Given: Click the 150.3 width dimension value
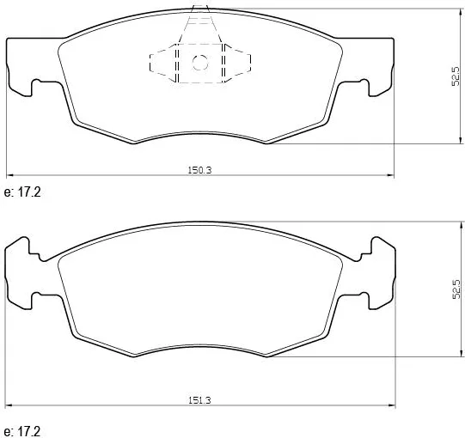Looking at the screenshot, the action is [x=199, y=170].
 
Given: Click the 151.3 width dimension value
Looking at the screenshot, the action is [x=199, y=400].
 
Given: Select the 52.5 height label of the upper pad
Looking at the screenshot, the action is [x=456, y=76].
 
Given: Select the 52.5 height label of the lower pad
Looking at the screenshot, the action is [x=456, y=289].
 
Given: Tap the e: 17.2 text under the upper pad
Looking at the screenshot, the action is [x=22, y=192].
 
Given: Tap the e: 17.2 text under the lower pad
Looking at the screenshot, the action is [x=22, y=431].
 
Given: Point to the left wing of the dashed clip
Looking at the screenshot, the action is [x=163, y=63].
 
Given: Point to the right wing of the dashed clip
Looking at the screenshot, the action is [x=236, y=63].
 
